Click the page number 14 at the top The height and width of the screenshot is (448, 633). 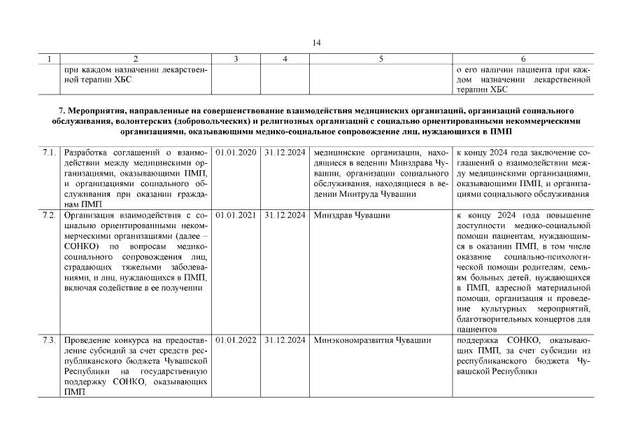coord(316,43)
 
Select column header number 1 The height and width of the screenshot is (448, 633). coord(49,59)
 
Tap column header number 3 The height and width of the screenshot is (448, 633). coord(236,59)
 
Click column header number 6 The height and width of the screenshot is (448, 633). coord(523,59)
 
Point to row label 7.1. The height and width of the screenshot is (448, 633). coord(49,152)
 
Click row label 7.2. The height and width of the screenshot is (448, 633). coord(49,215)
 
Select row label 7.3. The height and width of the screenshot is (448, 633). coord(49,340)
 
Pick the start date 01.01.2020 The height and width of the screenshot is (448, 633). coord(236,152)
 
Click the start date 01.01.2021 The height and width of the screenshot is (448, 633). coord(236,215)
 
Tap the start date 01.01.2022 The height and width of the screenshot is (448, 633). coord(236,340)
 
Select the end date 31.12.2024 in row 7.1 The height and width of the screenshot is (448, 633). coord(285,152)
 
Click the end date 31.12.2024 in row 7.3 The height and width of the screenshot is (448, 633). coord(285,340)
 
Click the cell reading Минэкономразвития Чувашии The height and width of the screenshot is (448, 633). coord(372,340)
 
